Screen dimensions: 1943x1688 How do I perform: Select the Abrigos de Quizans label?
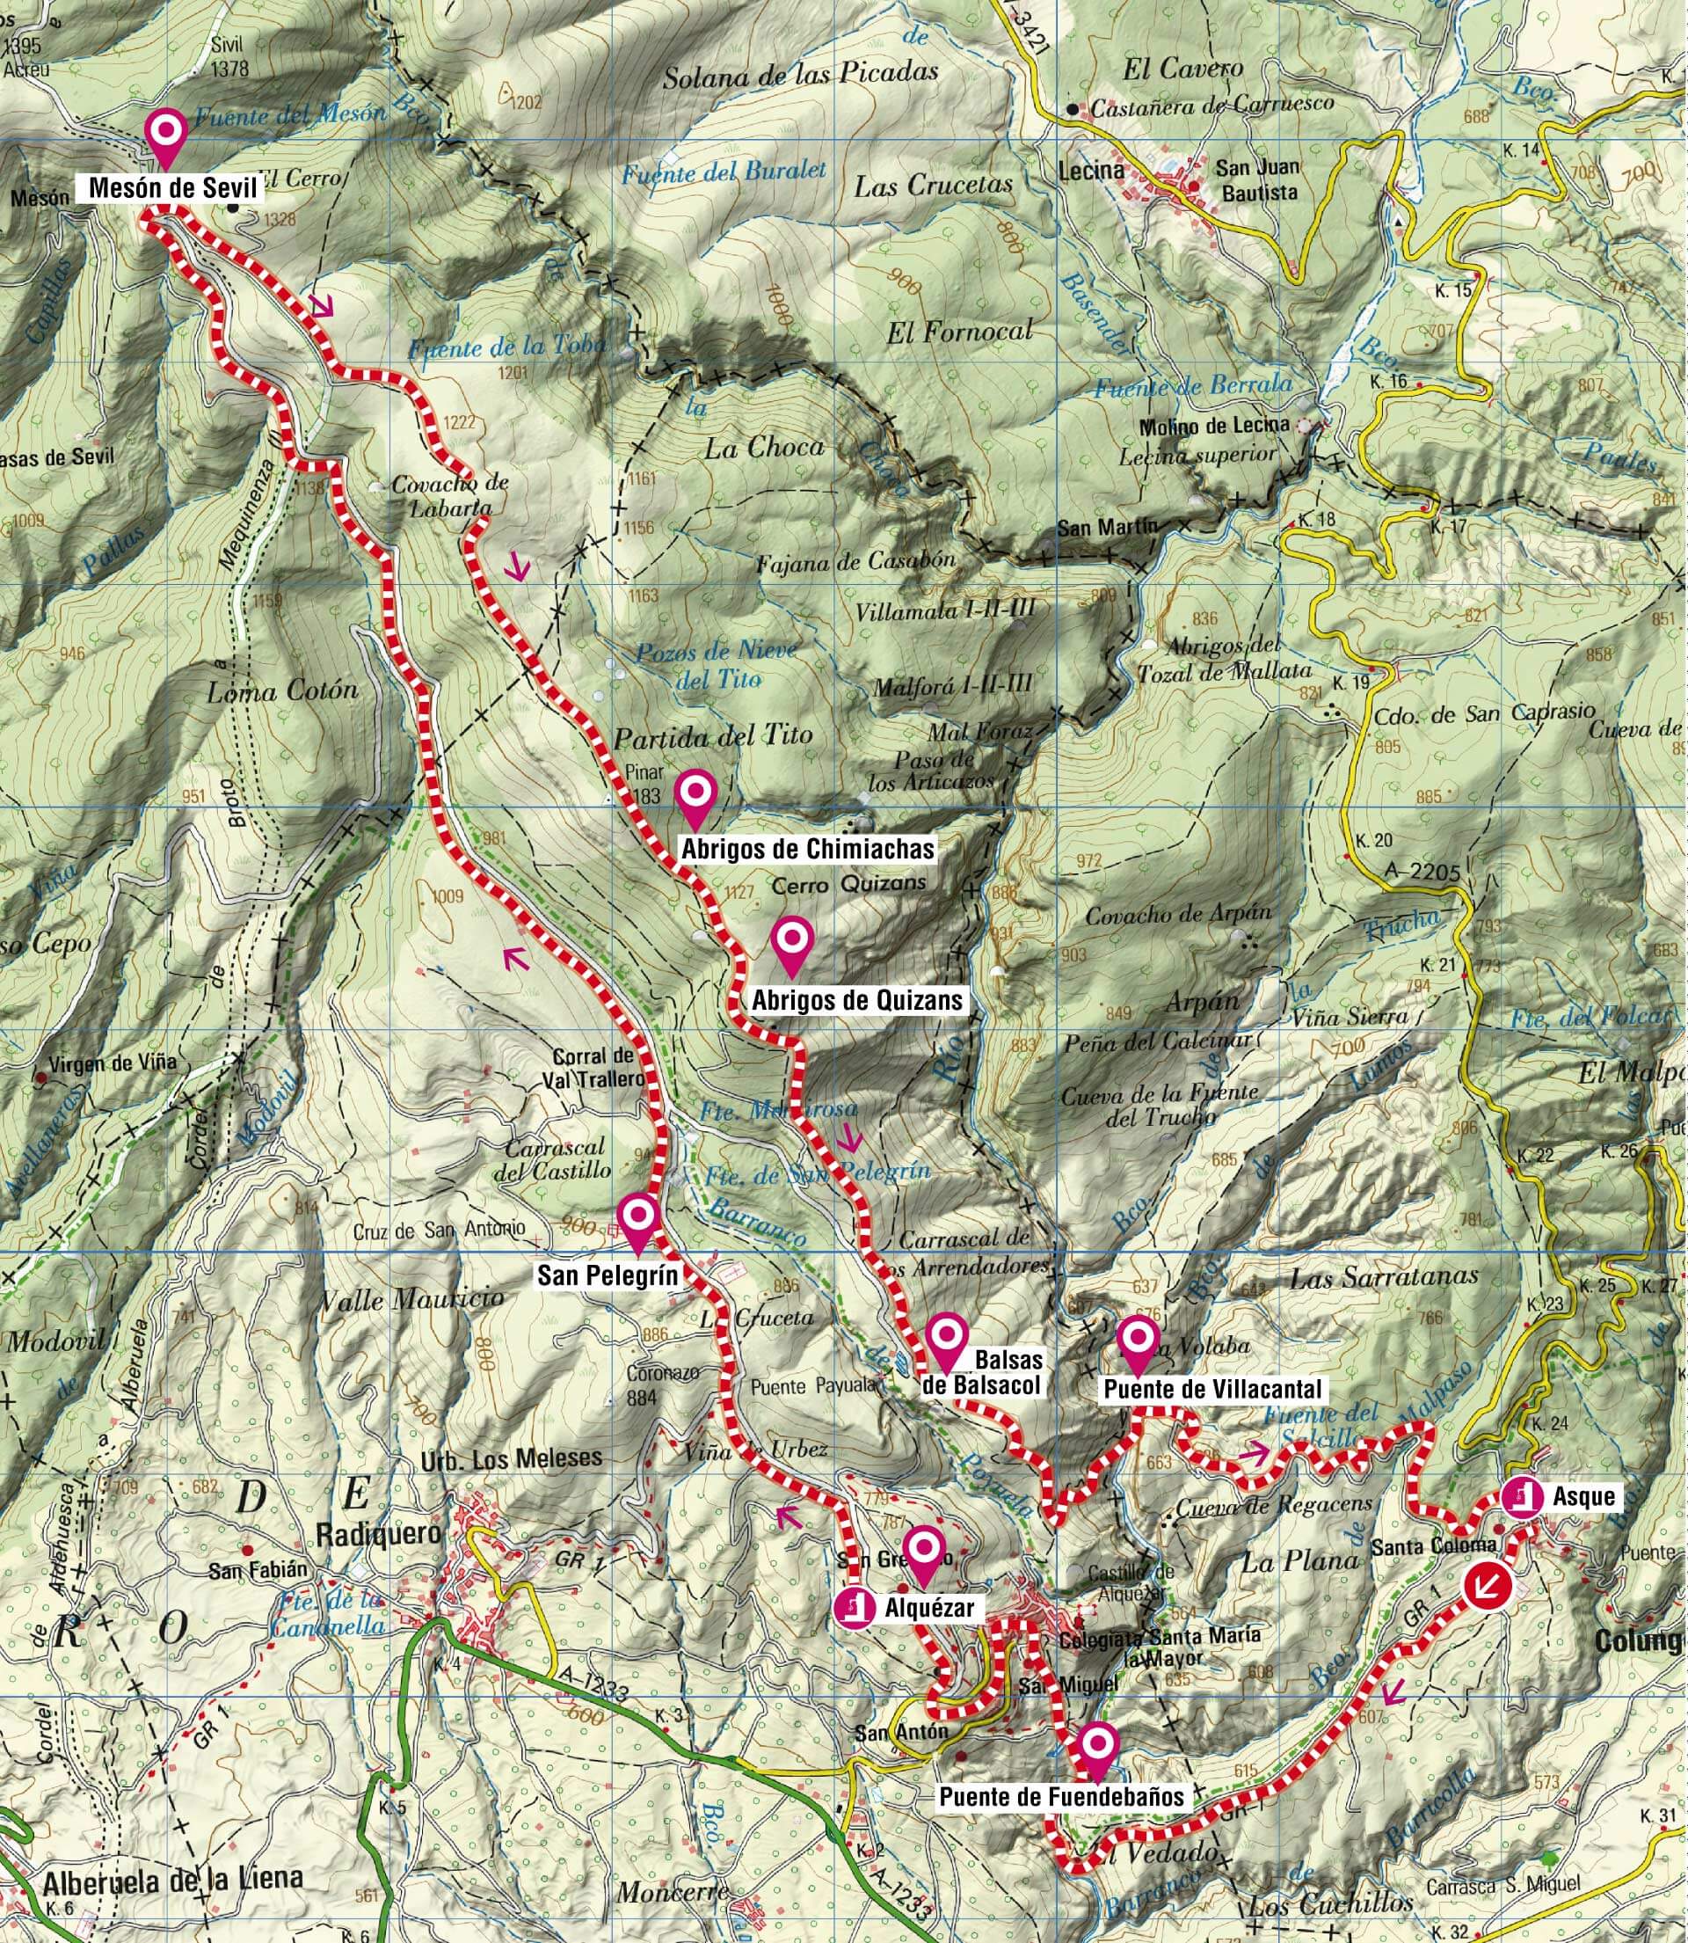click(858, 1000)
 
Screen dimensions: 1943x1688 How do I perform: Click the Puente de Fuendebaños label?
click(1062, 1797)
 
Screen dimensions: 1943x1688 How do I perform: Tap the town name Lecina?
click(1091, 171)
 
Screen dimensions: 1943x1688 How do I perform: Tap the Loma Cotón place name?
click(282, 690)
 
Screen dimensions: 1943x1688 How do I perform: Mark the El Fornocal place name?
click(959, 330)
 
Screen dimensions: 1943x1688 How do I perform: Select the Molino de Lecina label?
click(1213, 426)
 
